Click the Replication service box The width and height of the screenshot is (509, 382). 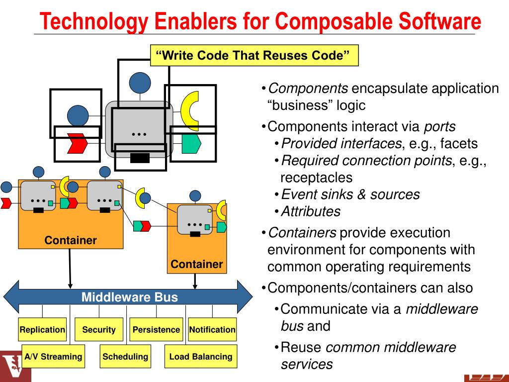click(42, 329)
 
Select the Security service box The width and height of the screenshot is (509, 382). click(99, 329)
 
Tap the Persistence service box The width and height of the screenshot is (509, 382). click(156, 329)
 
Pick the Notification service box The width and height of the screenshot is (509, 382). click(212, 329)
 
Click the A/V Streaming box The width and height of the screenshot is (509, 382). click(53, 356)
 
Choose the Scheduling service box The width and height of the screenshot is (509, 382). click(125, 356)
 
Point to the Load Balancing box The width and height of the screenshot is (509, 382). click(200, 356)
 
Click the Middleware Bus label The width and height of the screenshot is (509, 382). click(129, 297)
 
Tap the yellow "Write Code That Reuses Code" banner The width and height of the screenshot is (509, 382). click(254, 55)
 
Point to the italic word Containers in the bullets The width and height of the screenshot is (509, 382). click(302, 233)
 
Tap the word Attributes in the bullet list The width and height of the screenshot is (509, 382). click(311, 211)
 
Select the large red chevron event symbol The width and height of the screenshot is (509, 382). click(78, 144)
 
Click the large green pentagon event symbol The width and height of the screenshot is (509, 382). click(191, 143)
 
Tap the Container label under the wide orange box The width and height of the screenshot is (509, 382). click(71, 241)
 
